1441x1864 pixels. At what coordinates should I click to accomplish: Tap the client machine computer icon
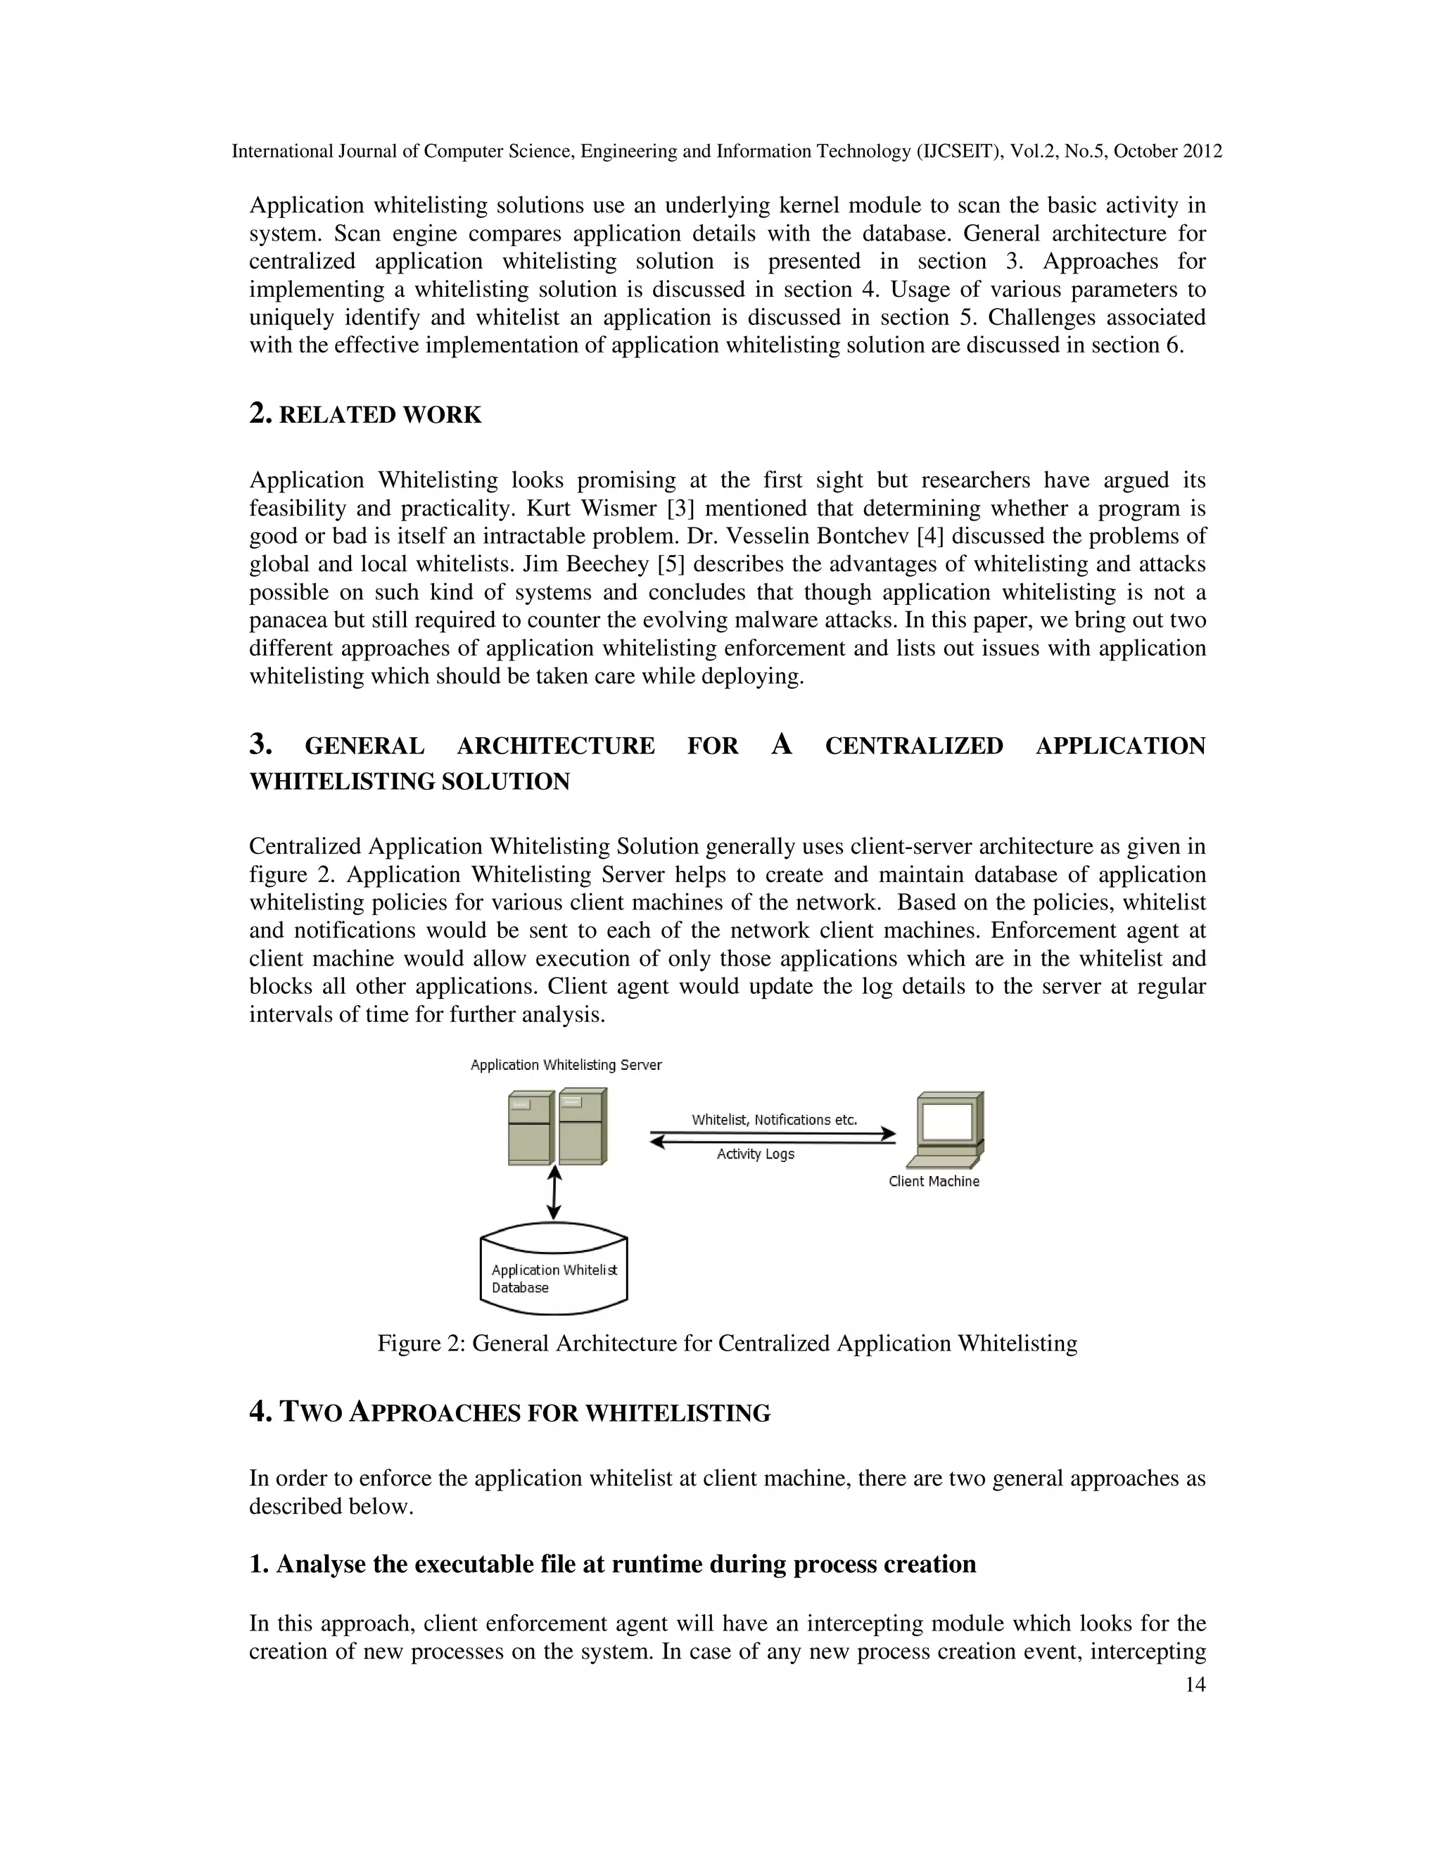click(945, 1128)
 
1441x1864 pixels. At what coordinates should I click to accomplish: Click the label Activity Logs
click(755, 1154)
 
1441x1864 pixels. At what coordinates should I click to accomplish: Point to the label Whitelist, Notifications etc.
click(773, 1119)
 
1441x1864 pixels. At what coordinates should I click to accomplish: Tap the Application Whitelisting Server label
click(566, 1064)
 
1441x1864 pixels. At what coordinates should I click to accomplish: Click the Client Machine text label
click(933, 1181)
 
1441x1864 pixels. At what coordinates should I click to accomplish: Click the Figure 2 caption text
click(726, 1343)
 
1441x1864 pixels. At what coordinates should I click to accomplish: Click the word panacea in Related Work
click(288, 620)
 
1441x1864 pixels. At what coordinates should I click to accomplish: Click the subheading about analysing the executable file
click(612, 1564)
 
